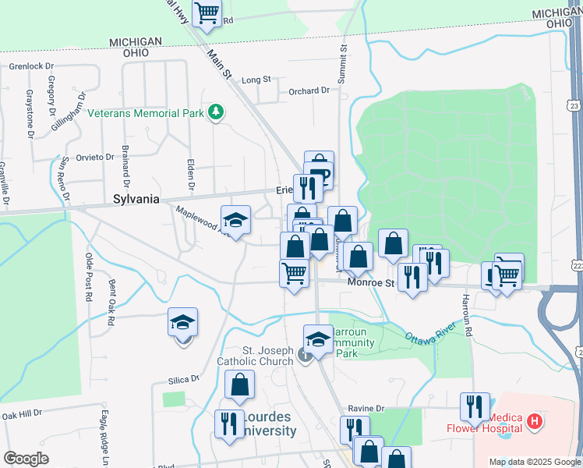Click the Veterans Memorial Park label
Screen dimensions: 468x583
click(145, 113)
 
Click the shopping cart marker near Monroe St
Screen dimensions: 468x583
click(294, 274)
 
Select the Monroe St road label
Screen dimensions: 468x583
click(371, 284)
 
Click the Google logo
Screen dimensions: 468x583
click(26, 459)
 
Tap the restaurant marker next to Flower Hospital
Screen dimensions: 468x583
click(474, 407)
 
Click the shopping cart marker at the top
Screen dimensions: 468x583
click(207, 12)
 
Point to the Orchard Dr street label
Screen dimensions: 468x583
click(309, 91)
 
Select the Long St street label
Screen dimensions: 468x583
click(256, 80)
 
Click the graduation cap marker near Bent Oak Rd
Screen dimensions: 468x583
click(182, 322)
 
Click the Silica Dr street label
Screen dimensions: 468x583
click(183, 379)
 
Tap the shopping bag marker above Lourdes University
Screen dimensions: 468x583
click(239, 385)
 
